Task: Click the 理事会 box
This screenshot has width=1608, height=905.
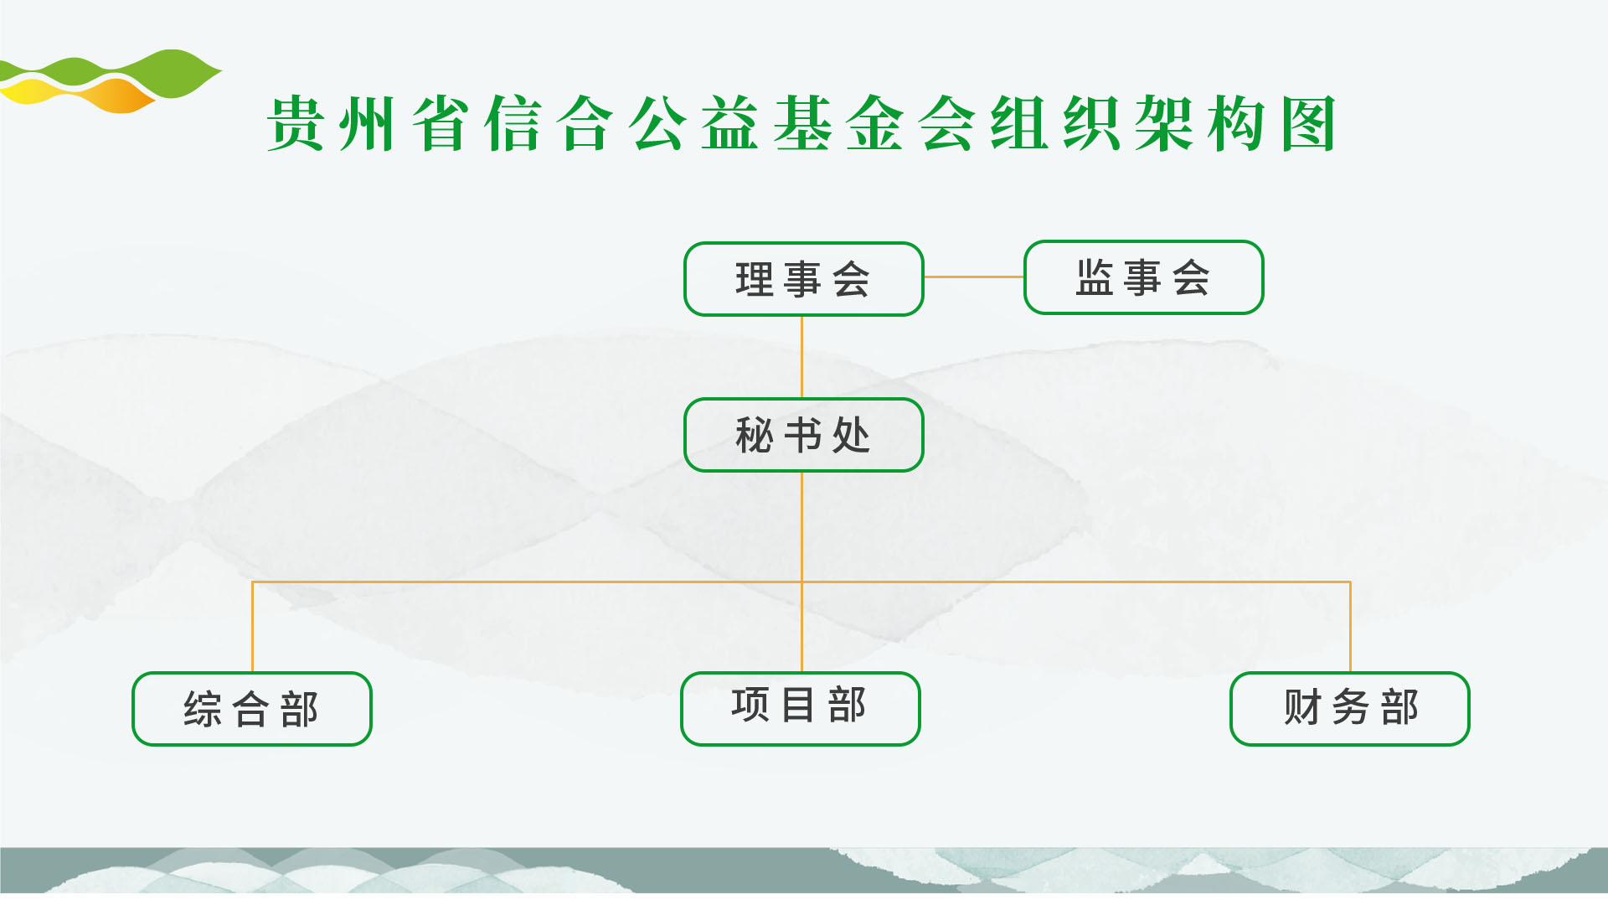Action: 804,279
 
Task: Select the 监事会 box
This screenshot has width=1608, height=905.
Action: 1144,277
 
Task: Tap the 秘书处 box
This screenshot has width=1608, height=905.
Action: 804,435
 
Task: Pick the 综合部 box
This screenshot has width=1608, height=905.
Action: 252,709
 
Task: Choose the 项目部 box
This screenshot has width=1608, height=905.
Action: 801,709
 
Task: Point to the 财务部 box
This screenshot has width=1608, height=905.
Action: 1350,709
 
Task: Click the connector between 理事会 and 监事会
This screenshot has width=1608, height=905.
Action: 974,277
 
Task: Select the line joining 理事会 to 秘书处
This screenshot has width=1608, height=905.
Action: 802,357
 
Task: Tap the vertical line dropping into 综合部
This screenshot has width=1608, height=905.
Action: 252,627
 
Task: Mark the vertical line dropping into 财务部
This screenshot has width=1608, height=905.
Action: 1350,627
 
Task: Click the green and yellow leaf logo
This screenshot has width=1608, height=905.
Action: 109,81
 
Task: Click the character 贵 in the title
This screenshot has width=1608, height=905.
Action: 296,123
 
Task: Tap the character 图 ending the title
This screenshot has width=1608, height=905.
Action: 1309,123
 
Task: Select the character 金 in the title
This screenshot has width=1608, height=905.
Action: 875,123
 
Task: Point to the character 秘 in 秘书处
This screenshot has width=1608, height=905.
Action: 755,436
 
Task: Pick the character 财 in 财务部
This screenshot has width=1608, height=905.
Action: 1302,707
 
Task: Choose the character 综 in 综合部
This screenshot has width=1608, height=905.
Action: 203,710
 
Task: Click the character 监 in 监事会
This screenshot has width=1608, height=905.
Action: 1095,277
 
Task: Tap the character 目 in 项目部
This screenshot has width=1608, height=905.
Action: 798,705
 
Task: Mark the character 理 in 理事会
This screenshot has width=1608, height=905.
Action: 755,280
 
